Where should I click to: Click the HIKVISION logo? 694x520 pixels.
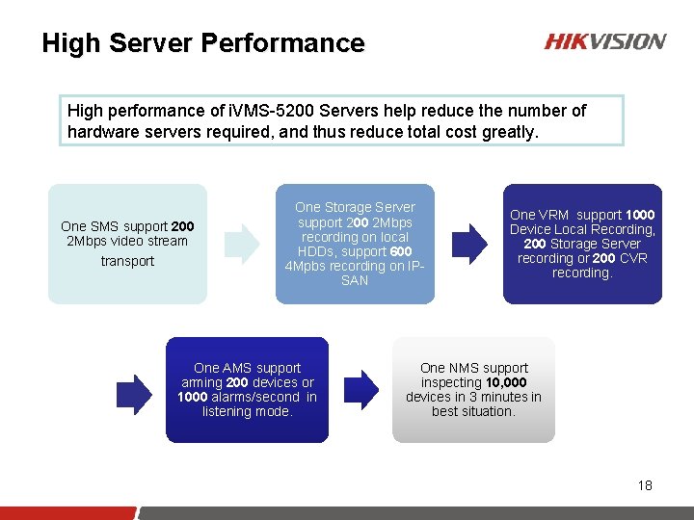pos(604,41)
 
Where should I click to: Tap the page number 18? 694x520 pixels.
pos(645,485)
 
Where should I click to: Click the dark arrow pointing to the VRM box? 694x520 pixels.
pos(470,244)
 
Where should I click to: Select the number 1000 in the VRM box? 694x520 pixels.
pos(640,215)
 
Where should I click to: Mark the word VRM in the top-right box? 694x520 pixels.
pos(556,215)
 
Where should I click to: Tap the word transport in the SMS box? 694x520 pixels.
pos(127,261)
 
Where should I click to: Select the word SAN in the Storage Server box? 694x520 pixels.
pos(355,280)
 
